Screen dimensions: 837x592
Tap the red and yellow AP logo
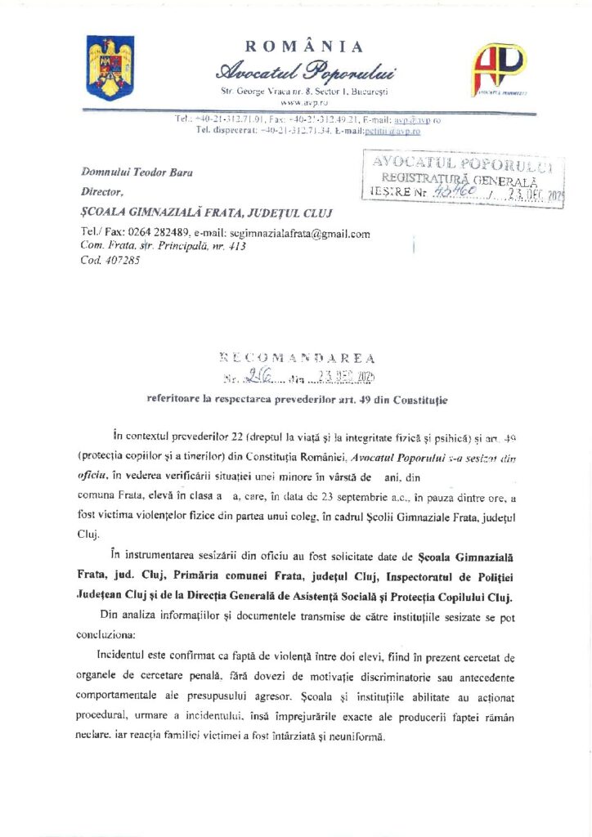click(499, 69)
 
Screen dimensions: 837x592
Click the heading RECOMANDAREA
click(298, 358)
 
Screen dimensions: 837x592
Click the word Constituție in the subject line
click(419, 399)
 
